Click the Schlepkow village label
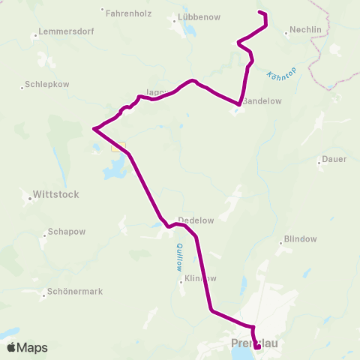(x=46, y=85)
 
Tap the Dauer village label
(x=333, y=159)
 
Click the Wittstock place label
(x=56, y=194)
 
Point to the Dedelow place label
(x=196, y=220)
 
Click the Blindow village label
(x=299, y=240)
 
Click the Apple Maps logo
(x=27, y=348)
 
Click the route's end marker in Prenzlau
(x=257, y=347)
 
